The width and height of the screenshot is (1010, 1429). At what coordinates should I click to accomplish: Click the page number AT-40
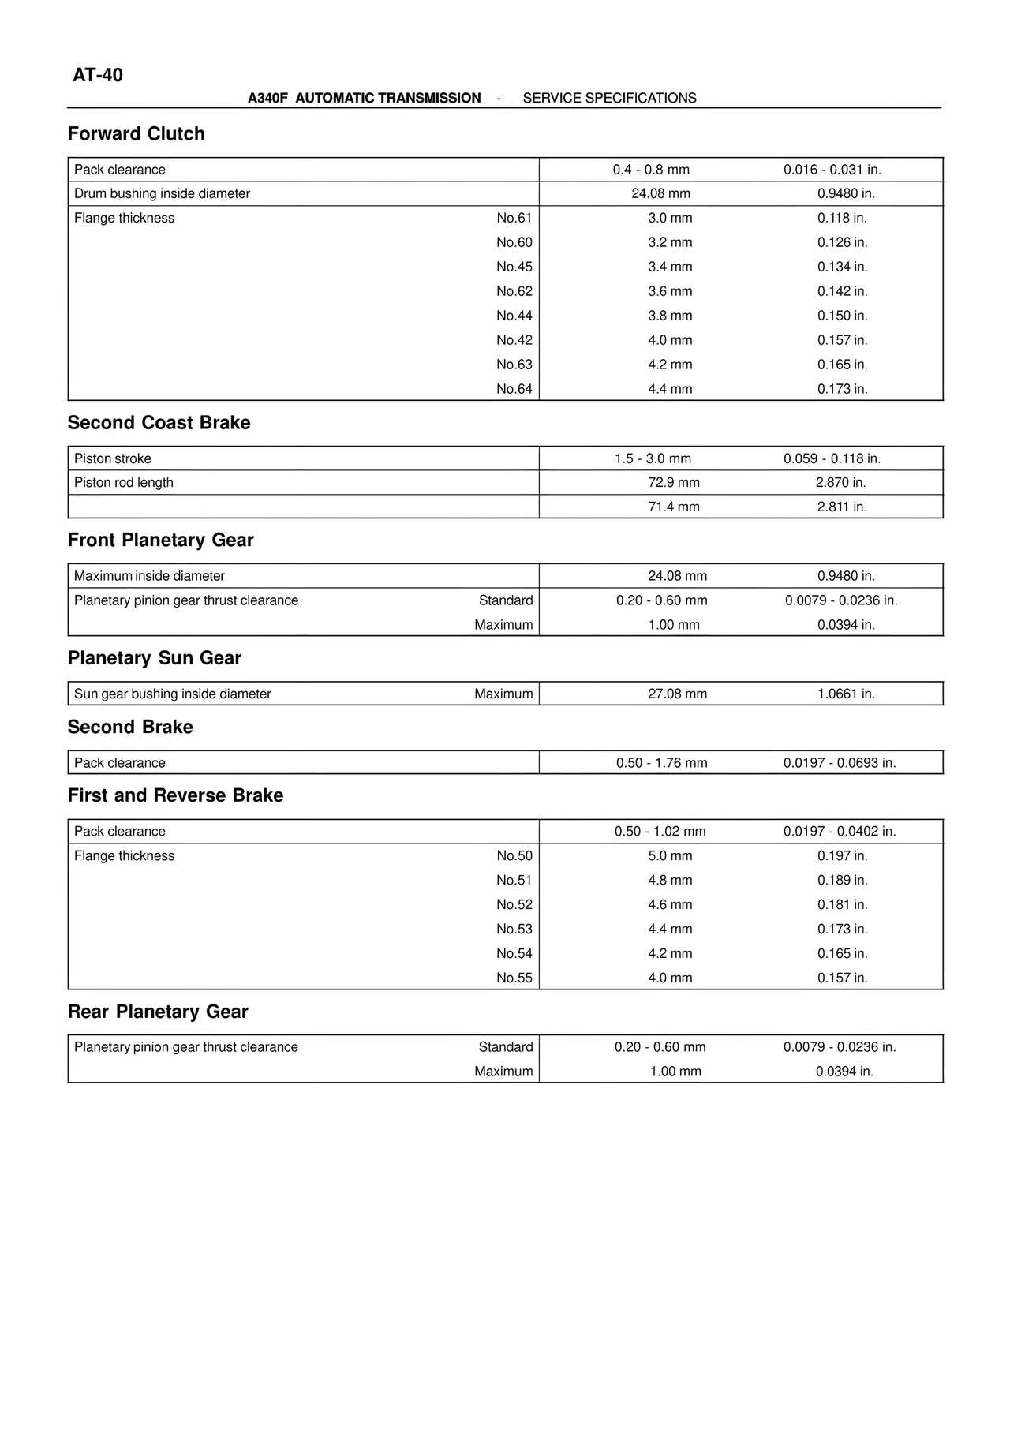pyautogui.click(x=98, y=76)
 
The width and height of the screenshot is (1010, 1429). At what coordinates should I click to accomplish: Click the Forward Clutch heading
pyautogui.click(x=137, y=134)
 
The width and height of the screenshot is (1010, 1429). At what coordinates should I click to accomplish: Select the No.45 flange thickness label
pyautogui.click(x=514, y=267)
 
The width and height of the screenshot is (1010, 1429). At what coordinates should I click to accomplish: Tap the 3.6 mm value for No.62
pyautogui.click(x=670, y=291)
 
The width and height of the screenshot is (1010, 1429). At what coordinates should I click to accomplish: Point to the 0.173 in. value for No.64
pyautogui.click(x=842, y=389)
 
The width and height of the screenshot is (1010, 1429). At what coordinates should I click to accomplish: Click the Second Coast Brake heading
pyautogui.click(x=159, y=423)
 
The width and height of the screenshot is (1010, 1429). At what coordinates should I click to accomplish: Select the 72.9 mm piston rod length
pyautogui.click(x=673, y=482)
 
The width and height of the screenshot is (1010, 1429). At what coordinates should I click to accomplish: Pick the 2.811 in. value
pyautogui.click(x=841, y=507)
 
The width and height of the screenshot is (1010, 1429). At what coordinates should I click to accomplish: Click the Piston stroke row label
pyautogui.click(x=113, y=458)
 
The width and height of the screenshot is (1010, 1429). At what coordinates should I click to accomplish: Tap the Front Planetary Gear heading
pyautogui.click(x=160, y=541)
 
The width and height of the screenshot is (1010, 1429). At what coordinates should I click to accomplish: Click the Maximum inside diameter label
pyautogui.click(x=149, y=576)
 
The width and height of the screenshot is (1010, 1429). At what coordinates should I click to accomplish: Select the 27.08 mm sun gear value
pyautogui.click(x=677, y=694)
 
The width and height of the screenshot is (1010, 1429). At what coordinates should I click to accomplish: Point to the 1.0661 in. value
pyautogui.click(x=846, y=694)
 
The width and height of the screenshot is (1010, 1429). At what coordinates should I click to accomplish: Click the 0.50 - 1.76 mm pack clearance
pyautogui.click(x=661, y=763)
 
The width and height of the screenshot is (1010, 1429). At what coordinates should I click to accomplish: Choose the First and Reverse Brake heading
pyautogui.click(x=175, y=795)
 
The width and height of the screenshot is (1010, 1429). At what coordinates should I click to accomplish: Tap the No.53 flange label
pyautogui.click(x=514, y=929)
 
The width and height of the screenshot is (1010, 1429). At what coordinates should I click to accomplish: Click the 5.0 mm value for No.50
pyautogui.click(x=670, y=855)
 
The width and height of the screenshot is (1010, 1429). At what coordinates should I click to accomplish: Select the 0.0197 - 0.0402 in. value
pyautogui.click(x=840, y=831)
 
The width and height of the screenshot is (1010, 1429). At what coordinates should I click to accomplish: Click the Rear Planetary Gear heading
pyautogui.click(x=158, y=1012)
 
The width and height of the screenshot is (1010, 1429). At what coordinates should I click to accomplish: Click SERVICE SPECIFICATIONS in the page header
pyautogui.click(x=609, y=99)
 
